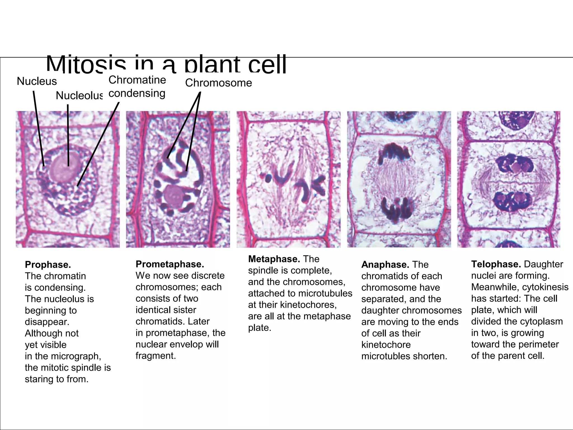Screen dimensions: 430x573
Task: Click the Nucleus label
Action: pyautogui.click(x=37, y=81)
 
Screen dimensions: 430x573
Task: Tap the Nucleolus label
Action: pyautogui.click(x=79, y=96)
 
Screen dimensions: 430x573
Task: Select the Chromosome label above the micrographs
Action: pyautogui.click(x=219, y=83)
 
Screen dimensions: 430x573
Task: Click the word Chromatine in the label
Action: pyautogui.click(x=137, y=80)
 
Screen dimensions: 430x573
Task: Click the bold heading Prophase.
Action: pyautogui.click(x=48, y=265)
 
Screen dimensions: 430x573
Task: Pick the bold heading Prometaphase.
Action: pyautogui.click(x=170, y=264)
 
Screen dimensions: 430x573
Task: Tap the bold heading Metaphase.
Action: pyautogui.click(x=274, y=259)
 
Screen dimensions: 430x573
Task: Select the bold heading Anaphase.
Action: pyautogui.click(x=385, y=265)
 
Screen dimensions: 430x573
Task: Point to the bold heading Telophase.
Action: pyautogui.click(x=496, y=264)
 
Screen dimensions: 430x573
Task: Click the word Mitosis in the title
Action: pyautogui.click(x=86, y=65)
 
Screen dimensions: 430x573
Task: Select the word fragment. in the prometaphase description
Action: pyautogui.click(x=156, y=356)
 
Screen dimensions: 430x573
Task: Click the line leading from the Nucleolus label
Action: pyautogui.click(x=68, y=134)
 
